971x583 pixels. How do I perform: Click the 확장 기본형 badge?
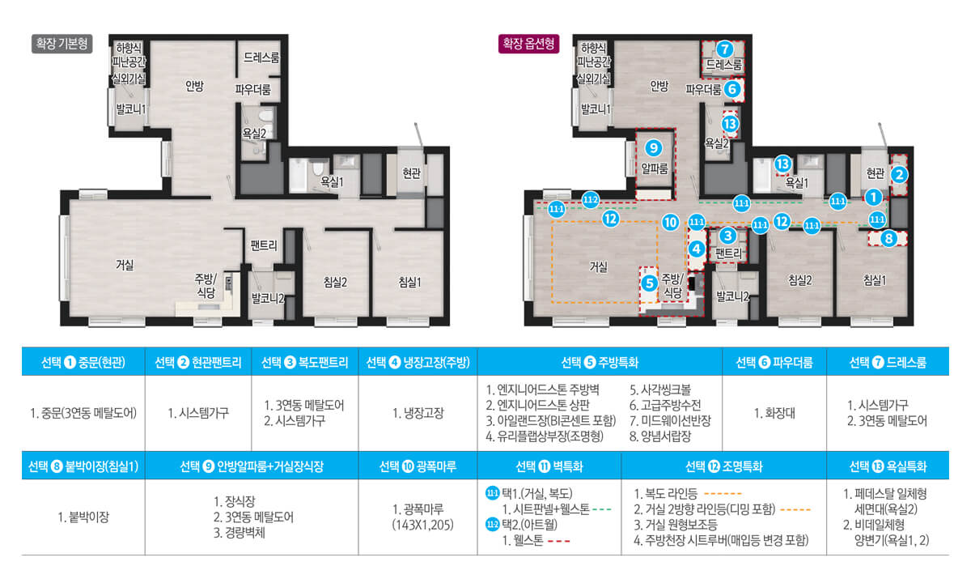coord(61,43)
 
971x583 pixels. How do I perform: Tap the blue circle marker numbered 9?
coord(655,147)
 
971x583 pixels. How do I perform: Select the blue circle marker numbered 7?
coord(725,48)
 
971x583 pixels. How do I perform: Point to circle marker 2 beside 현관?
coord(898,173)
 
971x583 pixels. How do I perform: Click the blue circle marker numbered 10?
coord(669,221)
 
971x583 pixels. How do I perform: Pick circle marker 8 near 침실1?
coord(888,238)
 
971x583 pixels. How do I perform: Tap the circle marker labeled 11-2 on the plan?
coord(590,199)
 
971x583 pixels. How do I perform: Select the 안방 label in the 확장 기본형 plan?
coord(194,87)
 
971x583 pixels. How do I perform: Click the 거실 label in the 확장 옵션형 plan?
coord(598,266)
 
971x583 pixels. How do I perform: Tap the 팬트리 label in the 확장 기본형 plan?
coord(264,245)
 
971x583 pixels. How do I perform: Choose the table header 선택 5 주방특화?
coord(600,363)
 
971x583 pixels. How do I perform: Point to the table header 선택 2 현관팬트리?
coord(198,363)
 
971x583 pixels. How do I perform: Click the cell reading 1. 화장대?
coord(774,412)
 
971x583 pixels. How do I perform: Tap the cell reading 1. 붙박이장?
coord(83,516)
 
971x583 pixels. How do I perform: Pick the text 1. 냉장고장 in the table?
coord(418,412)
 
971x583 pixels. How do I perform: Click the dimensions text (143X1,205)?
coord(418,524)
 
